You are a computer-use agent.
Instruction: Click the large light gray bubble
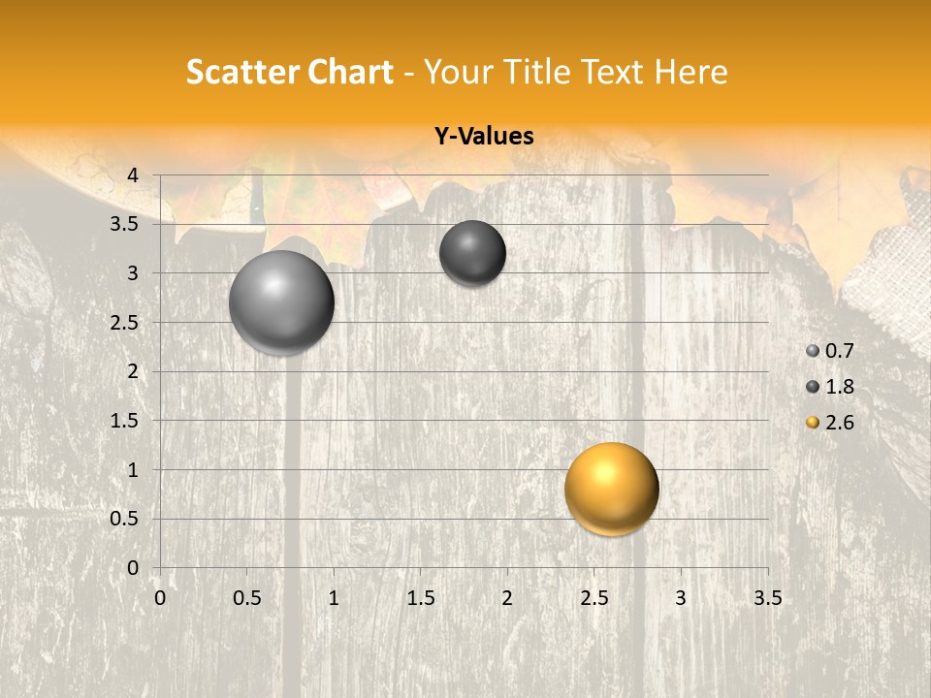click(x=281, y=302)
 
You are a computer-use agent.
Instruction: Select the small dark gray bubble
click(x=472, y=253)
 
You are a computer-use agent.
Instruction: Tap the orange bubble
click(x=611, y=489)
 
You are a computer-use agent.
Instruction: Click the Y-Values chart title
click(x=483, y=137)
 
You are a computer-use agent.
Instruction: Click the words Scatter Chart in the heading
click(x=290, y=72)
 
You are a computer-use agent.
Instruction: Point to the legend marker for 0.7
click(x=813, y=351)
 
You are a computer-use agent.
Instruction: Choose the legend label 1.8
click(x=839, y=387)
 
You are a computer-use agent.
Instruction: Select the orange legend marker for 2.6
click(x=813, y=423)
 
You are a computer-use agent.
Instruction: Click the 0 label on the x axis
click(x=160, y=598)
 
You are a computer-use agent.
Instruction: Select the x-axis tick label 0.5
click(x=246, y=598)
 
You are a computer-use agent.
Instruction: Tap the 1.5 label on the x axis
click(x=420, y=598)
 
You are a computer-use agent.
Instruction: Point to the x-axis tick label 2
click(x=507, y=598)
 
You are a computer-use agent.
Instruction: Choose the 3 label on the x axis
click(x=681, y=598)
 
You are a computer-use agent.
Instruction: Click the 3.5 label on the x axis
click(x=767, y=598)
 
